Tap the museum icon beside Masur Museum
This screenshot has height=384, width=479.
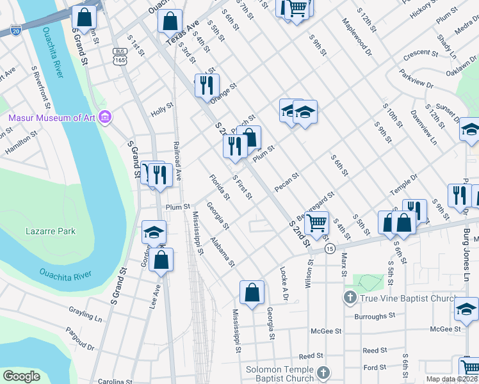coord(106,118)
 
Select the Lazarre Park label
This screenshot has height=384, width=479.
coord(51,231)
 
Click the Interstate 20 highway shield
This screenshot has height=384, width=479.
coord(15,29)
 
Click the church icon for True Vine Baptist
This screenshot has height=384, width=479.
coord(350,297)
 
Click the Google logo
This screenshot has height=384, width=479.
coord(21,376)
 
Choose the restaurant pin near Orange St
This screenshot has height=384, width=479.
coord(206,84)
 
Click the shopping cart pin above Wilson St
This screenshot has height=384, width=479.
coord(316,223)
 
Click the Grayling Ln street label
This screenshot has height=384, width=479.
coord(85,314)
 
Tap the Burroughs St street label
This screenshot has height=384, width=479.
coord(375,316)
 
